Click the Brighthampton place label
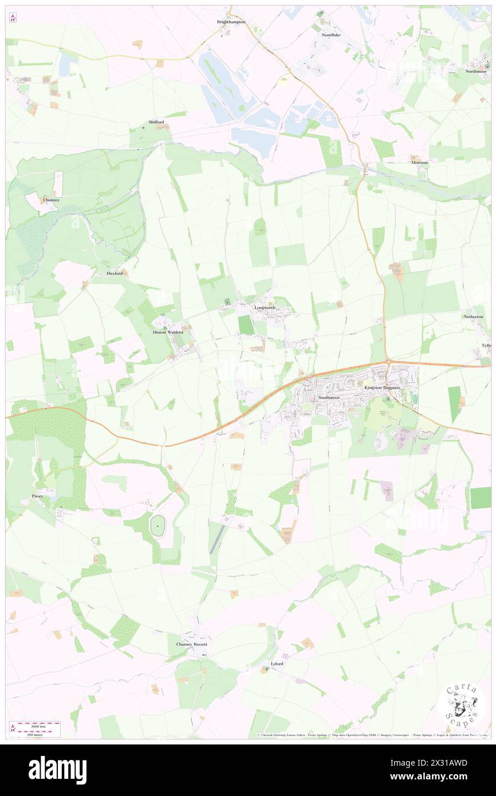231,22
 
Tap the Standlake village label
330,35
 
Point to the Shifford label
156,122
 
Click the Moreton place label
419,163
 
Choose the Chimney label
52,200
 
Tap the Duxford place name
115,273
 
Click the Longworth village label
265,308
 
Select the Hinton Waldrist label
168,332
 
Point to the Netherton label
474,317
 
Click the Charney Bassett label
191,644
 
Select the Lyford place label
277,664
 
